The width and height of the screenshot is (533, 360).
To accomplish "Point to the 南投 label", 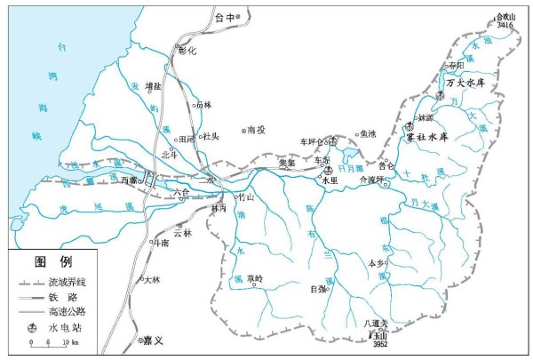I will coord(257,129).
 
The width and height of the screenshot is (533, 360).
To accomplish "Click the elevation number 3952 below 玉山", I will coord(380,345).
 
